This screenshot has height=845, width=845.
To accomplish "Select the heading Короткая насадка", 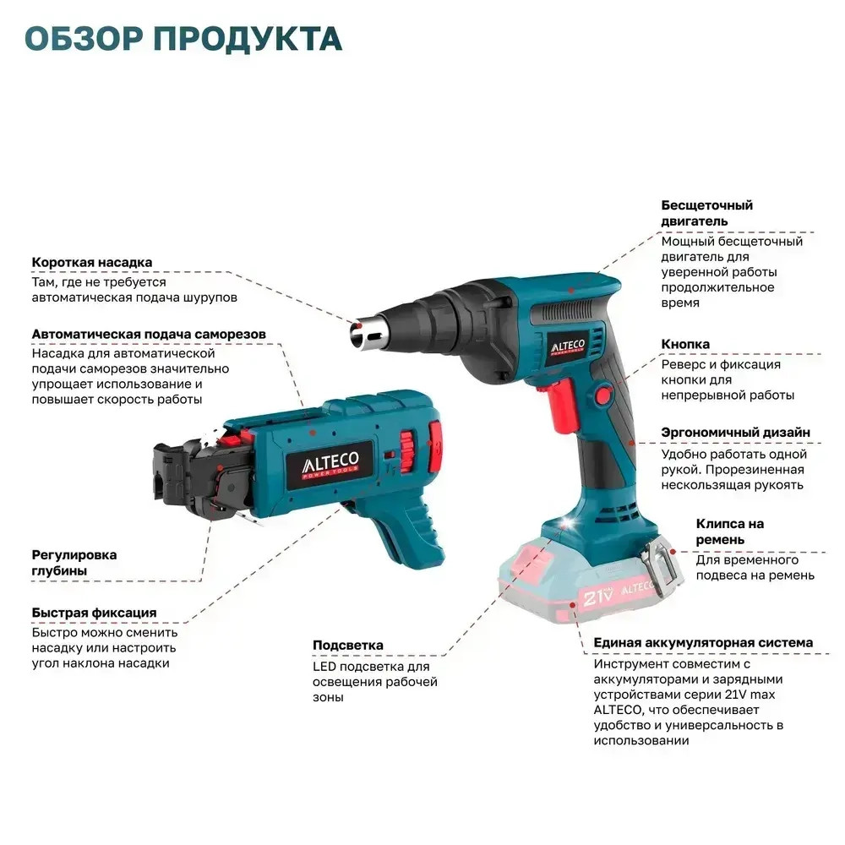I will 92,262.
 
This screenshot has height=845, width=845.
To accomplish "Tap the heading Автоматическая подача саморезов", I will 149,334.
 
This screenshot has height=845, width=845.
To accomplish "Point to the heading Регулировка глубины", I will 74,563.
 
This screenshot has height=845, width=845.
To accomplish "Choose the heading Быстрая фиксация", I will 94,612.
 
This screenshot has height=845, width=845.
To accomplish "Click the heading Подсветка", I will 347,645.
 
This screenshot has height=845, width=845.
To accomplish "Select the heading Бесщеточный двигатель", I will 706,212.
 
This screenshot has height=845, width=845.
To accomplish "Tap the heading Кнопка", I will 685,344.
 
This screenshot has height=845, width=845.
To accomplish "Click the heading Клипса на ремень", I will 729,532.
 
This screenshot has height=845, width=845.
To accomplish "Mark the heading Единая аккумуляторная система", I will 703,642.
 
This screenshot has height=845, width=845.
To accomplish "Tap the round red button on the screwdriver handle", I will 605,394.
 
